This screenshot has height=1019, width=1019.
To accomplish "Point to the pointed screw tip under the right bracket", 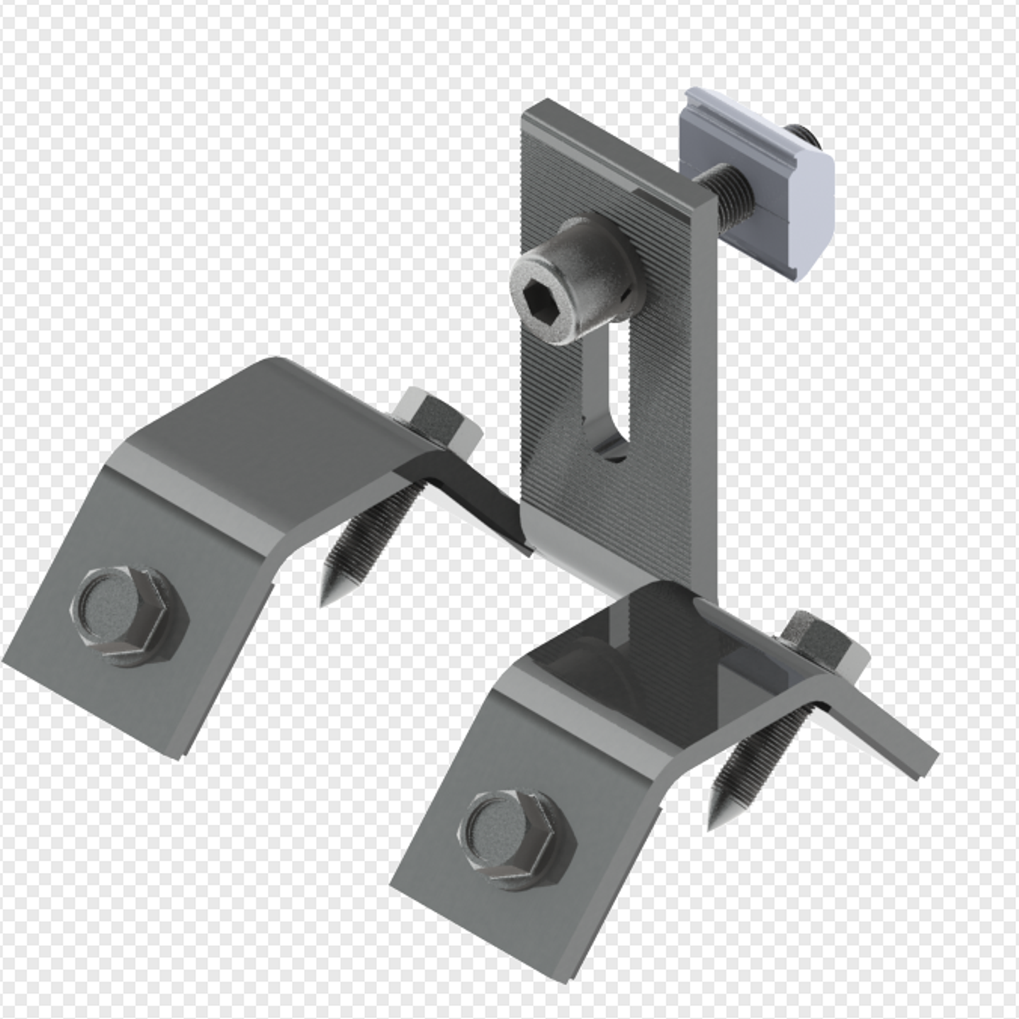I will (x=716, y=815).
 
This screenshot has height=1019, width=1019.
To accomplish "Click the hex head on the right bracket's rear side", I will (x=822, y=641).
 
